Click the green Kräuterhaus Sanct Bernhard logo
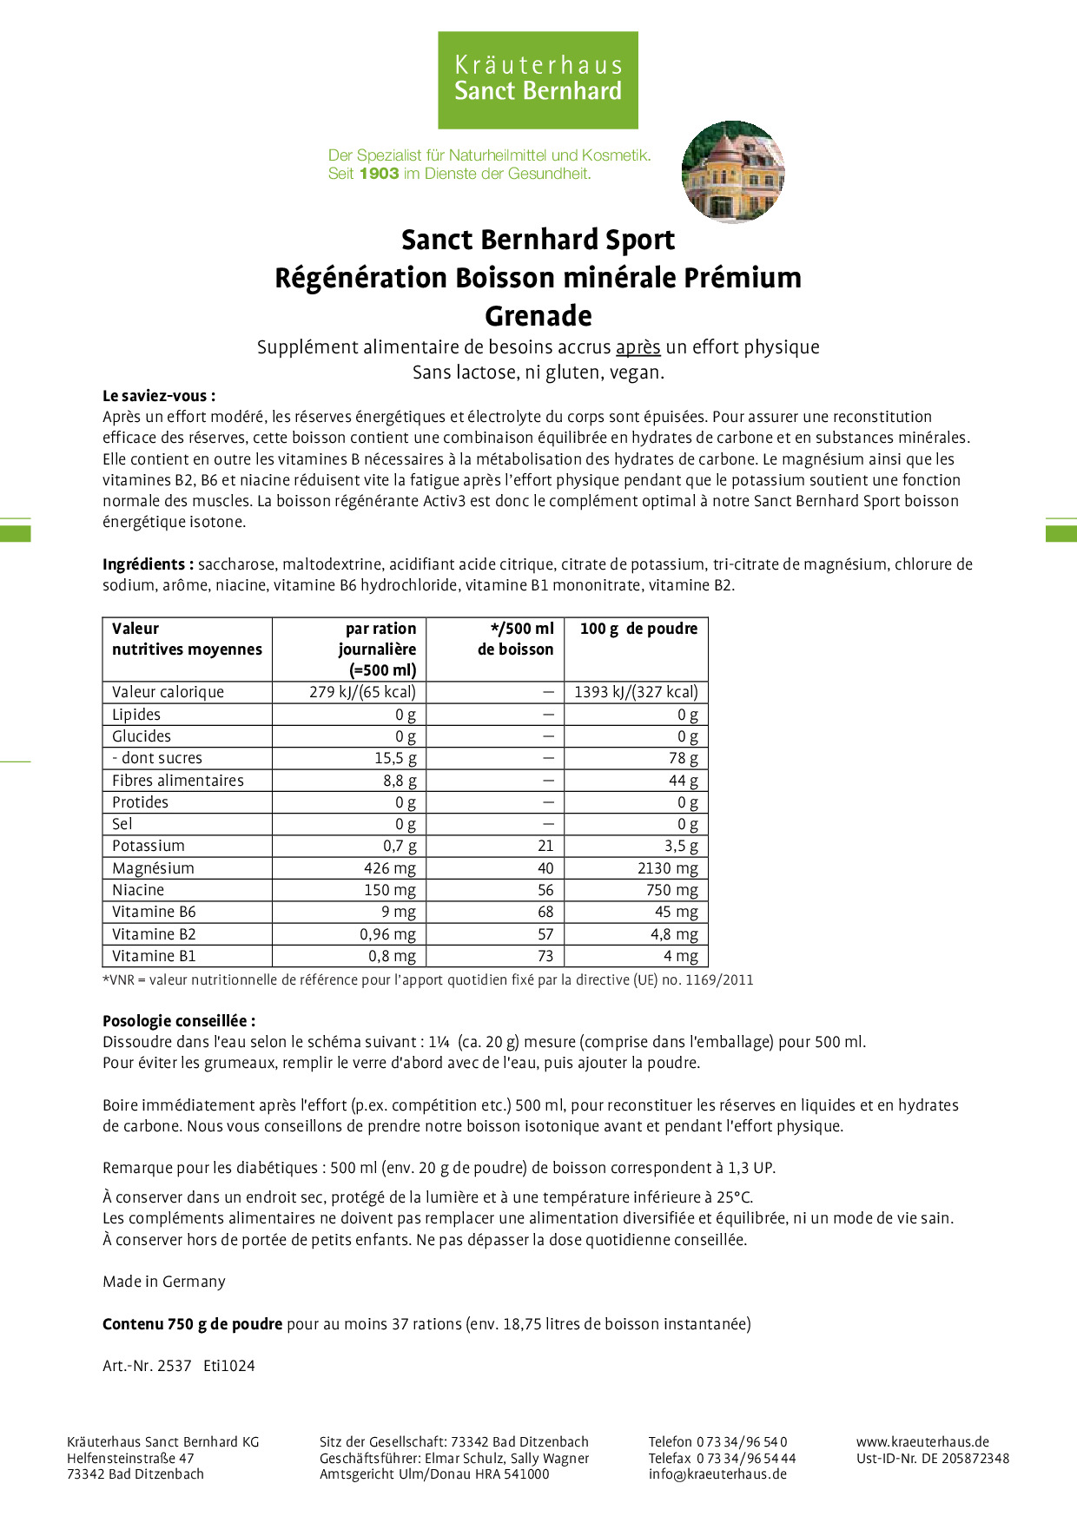click(538, 80)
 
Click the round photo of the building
click(733, 171)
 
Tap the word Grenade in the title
click(538, 316)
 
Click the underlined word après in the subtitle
click(638, 347)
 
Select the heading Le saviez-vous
click(159, 396)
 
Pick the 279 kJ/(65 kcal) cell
click(362, 692)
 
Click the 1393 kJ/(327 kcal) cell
click(636, 692)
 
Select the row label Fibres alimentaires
click(178, 781)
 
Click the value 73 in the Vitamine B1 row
click(545, 956)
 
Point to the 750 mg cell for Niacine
click(671, 890)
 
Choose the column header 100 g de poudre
click(638, 629)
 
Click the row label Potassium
click(149, 846)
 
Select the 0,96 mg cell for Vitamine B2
click(387, 934)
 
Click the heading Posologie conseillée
click(179, 1021)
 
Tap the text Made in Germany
click(164, 1282)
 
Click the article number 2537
click(174, 1366)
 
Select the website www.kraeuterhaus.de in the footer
click(922, 1441)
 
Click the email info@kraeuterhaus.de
click(717, 1474)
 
